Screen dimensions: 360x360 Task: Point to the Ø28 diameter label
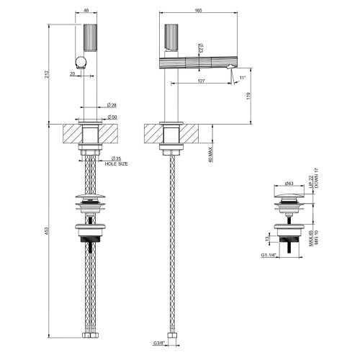click(111, 106)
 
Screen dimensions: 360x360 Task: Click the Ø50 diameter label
click(112, 117)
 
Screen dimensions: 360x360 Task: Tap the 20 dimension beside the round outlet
click(72, 73)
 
